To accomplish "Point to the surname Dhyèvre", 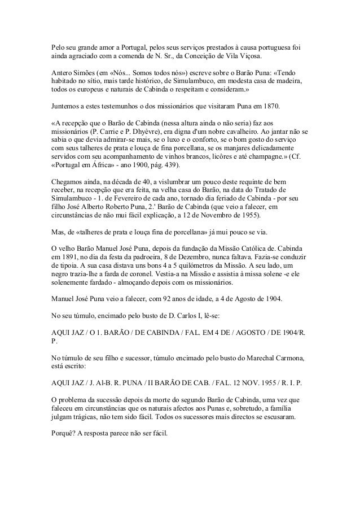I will [x=144, y=132].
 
